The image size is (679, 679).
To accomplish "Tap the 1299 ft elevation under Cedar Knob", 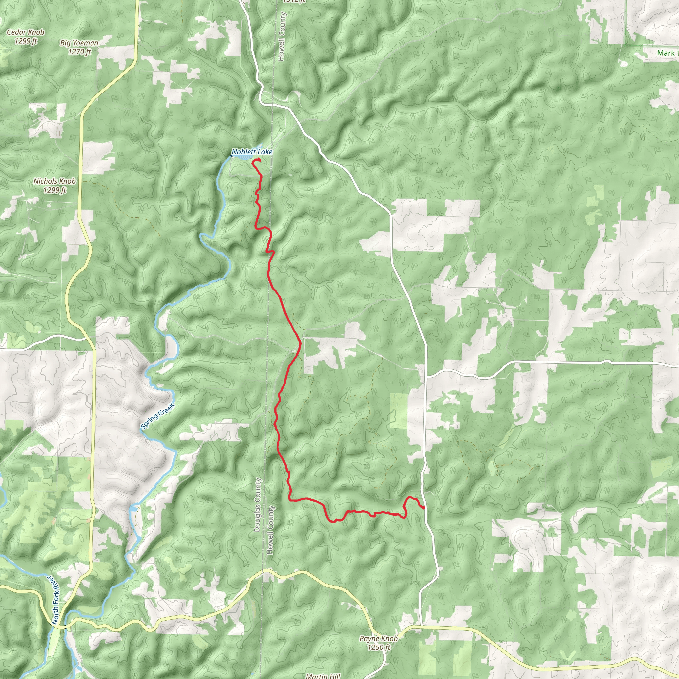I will [26, 41].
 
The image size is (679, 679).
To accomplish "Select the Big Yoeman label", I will [79, 43].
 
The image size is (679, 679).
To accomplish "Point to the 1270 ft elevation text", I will [80, 52].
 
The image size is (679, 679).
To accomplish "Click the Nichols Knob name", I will [54, 181].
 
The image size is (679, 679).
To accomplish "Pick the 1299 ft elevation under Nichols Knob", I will [55, 190].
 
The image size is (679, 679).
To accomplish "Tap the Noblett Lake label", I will [252, 152].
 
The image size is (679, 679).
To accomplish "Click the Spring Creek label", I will [157, 417].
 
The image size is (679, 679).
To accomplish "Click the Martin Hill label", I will [323, 676].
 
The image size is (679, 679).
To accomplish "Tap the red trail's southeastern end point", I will [424, 508].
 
